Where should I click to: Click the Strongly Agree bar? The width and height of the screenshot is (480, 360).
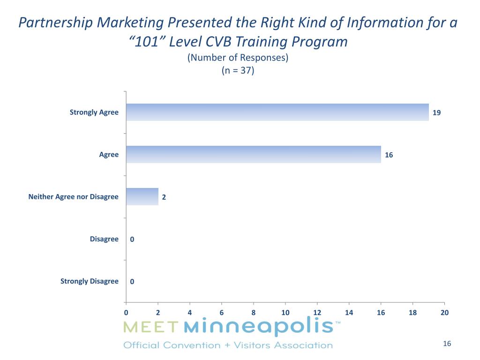point(277,112)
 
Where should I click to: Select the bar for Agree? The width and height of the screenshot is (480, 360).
point(253,154)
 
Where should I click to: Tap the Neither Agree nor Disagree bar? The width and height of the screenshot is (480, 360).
point(142,196)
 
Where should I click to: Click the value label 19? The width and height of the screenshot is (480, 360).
point(436,112)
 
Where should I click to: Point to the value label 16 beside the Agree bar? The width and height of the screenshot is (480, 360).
point(389,155)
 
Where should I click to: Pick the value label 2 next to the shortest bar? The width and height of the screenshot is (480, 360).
point(164,197)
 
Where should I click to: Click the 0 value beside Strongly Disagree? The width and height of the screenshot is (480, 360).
point(132,282)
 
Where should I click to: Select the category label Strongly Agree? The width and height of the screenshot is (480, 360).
point(94,112)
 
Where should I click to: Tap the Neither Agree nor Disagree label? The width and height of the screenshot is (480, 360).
point(73,196)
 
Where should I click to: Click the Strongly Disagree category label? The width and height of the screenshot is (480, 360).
point(89,281)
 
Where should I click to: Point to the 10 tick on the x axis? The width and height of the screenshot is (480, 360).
point(285,312)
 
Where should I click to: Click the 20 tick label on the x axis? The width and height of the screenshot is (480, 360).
point(444,312)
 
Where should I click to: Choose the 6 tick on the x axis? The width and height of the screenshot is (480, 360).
point(221,312)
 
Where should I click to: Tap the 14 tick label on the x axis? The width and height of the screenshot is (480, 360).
point(349,312)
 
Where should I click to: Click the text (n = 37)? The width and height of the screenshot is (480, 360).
point(238,71)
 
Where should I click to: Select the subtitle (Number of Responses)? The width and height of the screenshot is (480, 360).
point(238,58)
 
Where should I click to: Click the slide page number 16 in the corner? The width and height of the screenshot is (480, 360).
point(446,344)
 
